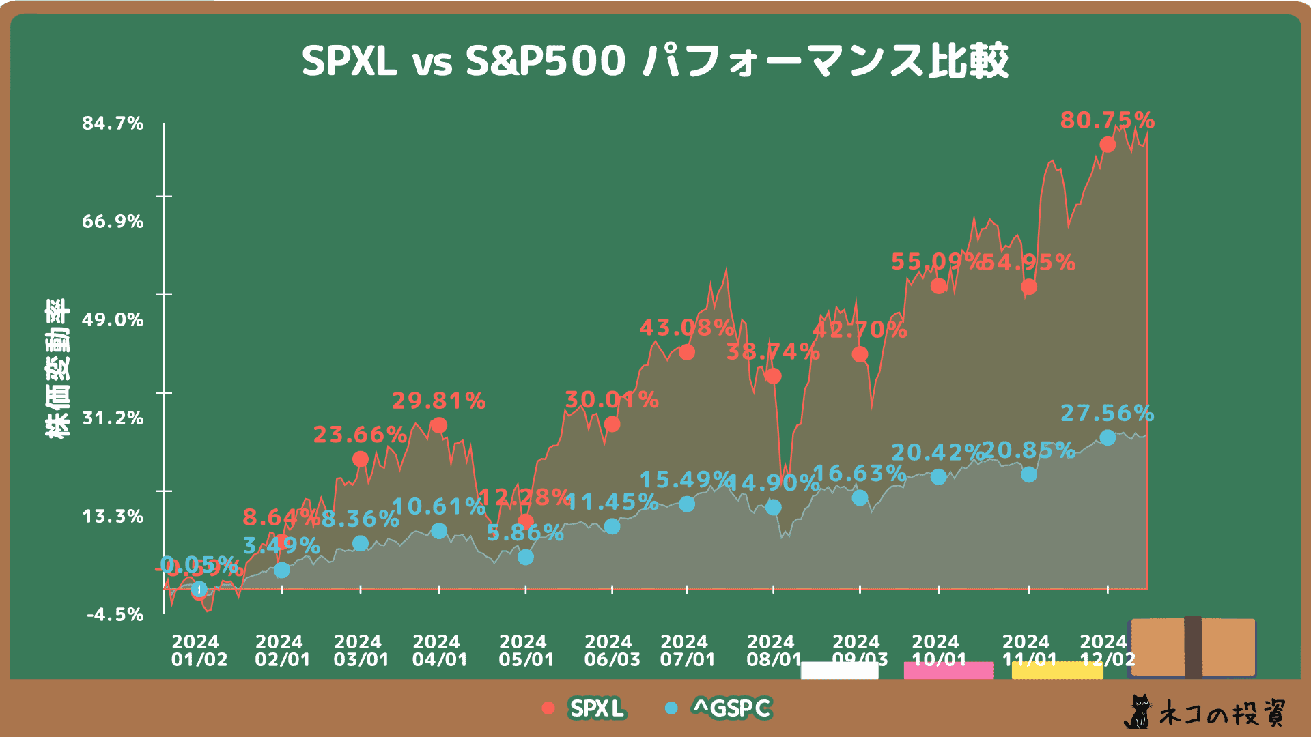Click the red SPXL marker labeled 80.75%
(x=1108, y=145)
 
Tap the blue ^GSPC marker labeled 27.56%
(x=1108, y=437)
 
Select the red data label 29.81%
(x=438, y=401)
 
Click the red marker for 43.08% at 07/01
(x=687, y=352)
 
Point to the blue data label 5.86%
(x=525, y=533)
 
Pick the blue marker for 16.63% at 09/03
(x=860, y=497)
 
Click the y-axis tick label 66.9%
(x=113, y=222)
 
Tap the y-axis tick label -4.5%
(x=115, y=615)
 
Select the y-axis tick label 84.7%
(x=113, y=124)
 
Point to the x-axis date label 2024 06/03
(x=612, y=650)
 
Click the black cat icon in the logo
(x=1138, y=712)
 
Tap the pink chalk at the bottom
(x=948, y=670)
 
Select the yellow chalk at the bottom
(x=1056, y=671)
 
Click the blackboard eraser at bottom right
(x=1192, y=647)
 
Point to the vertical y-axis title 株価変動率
(x=58, y=369)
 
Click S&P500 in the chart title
(x=545, y=61)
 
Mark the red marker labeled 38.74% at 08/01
(x=773, y=376)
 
